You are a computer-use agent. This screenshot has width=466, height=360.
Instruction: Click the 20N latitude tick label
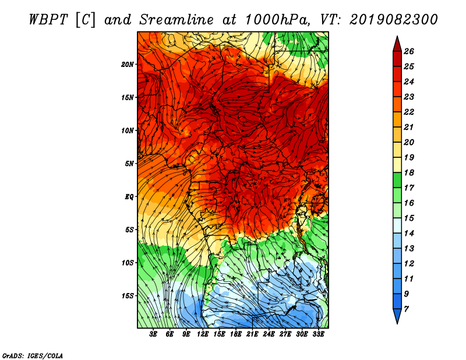127,65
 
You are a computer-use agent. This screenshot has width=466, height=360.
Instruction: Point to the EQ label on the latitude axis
129,197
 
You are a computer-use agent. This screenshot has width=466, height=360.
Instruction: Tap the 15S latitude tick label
127,296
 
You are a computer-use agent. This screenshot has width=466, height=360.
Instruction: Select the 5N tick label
129,164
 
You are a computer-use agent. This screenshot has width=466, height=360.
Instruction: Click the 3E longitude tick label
153,334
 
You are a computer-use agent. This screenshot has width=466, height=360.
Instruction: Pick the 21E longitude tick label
252,334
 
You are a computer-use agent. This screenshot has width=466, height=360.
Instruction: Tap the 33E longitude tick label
318,334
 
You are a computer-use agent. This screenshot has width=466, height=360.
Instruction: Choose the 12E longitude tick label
202,334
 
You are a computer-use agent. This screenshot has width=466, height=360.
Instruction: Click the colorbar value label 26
409,51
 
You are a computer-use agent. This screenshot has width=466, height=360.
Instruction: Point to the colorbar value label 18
409,172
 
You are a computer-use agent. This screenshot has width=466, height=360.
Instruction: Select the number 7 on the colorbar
406,309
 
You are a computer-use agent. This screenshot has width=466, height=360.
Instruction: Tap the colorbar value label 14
409,234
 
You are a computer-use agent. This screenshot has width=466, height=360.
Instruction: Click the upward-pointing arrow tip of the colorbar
397,36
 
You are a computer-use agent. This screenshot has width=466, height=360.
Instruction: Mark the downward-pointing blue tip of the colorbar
397,323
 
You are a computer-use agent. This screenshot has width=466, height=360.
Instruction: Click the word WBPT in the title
48,20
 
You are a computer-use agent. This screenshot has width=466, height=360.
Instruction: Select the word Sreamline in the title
176,20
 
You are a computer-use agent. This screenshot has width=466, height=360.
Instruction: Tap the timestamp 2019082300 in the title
393,20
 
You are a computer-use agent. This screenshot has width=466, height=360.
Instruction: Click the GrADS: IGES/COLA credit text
33,356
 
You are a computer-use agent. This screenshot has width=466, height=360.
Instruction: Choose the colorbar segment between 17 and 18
397,180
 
